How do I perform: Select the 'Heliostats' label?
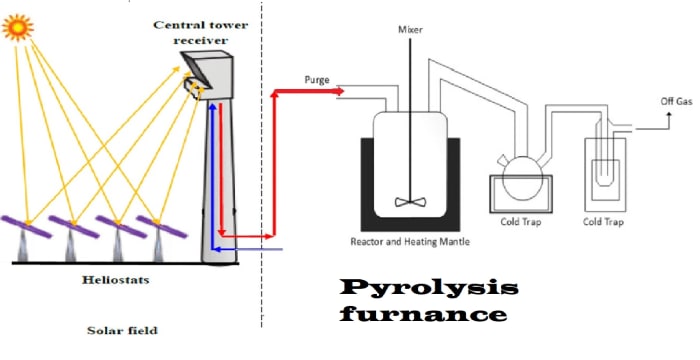click(115, 281)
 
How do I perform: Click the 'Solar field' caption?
click(121, 330)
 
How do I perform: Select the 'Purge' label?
click(318, 79)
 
